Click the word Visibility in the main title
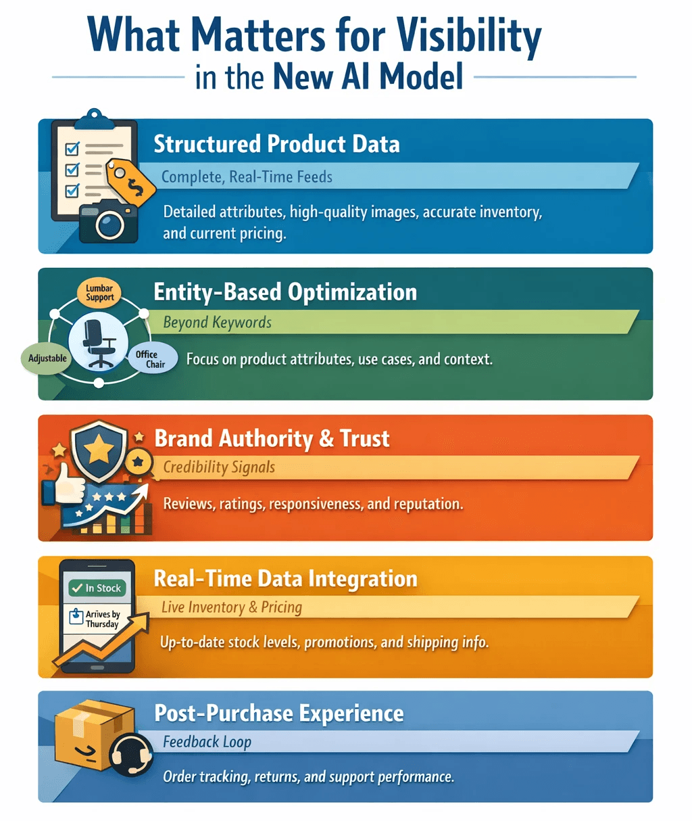[468, 37]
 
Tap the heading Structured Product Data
[276, 144]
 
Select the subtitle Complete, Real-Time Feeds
[247, 177]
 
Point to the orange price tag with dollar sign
[131, 181]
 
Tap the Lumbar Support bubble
[99, 293]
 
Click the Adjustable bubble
[47, 358]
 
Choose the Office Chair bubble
[151, 359]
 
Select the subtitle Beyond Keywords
[217, 323]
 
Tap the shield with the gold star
[99, 449]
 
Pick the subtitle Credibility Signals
[219, 467]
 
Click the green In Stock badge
[97, 588]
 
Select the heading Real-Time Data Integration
[285, 579]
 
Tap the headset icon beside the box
[130, 753]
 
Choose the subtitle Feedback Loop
[207, 742]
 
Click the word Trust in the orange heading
[365, 439]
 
